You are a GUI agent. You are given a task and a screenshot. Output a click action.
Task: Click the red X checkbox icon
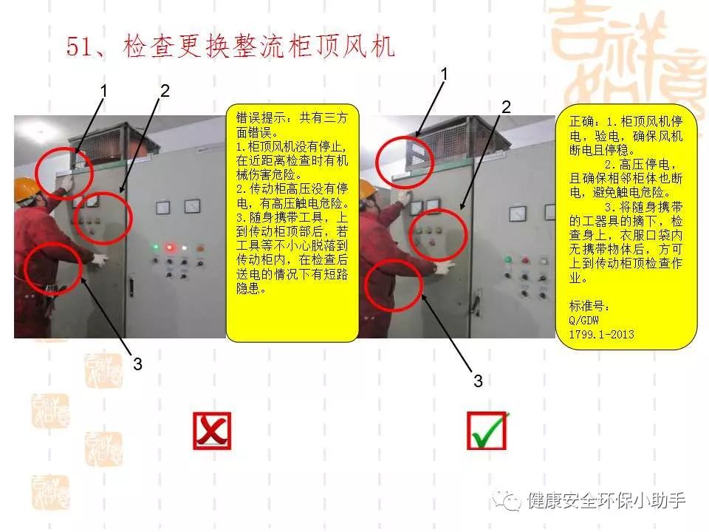[212, 432]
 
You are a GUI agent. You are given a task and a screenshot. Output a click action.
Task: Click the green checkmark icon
[487, 432]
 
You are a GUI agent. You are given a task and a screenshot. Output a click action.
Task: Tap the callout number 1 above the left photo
[104, 91]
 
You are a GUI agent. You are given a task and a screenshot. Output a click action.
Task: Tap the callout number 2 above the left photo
[165, 91]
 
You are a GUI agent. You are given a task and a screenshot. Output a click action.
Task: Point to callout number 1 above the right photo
[445, 73]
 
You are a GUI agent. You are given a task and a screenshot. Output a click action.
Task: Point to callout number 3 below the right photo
[478, 381]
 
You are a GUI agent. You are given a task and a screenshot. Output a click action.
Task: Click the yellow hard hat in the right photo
[368, 187]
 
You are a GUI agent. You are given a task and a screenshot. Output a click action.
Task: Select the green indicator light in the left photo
[156, 248]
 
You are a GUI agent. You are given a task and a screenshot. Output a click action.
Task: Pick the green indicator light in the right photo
[507, 259]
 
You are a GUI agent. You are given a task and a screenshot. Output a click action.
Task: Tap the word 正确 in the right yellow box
[581, 120]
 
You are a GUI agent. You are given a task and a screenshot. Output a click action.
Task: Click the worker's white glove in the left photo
[100, 259]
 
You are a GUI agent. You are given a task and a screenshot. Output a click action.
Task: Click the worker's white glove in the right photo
[443, 267]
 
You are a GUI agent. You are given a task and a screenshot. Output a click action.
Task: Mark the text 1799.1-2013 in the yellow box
[601, 334]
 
